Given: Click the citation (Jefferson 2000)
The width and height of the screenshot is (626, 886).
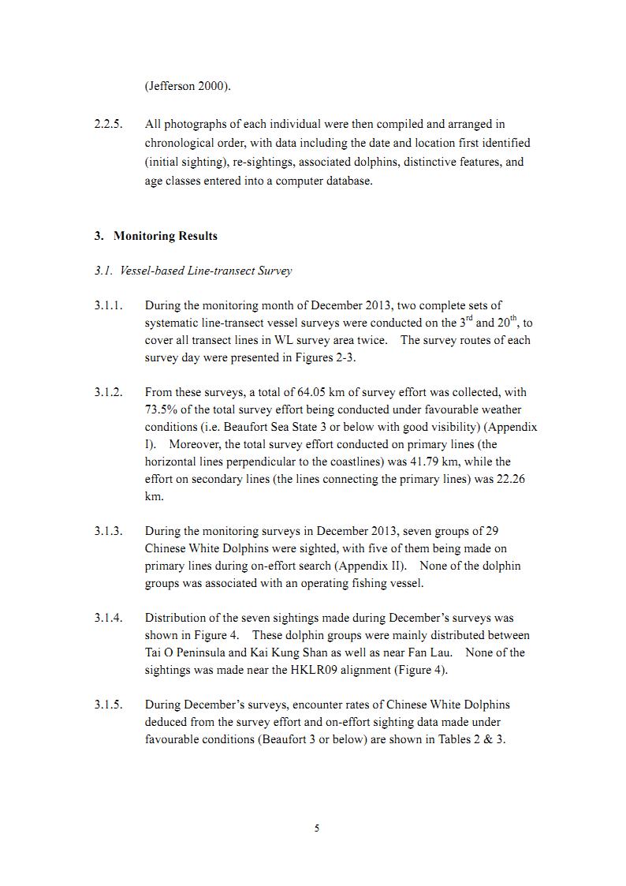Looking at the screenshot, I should pos(188,87).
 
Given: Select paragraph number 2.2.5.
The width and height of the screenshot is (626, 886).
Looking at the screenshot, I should pos(108,124).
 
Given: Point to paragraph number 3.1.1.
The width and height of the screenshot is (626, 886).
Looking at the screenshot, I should pos(108,305).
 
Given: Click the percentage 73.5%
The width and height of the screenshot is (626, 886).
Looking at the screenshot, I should pos(161,409).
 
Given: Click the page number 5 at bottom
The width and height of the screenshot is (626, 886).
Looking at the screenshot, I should pos(316,828).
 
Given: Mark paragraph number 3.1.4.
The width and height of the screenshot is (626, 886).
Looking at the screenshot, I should pos(108,618).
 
